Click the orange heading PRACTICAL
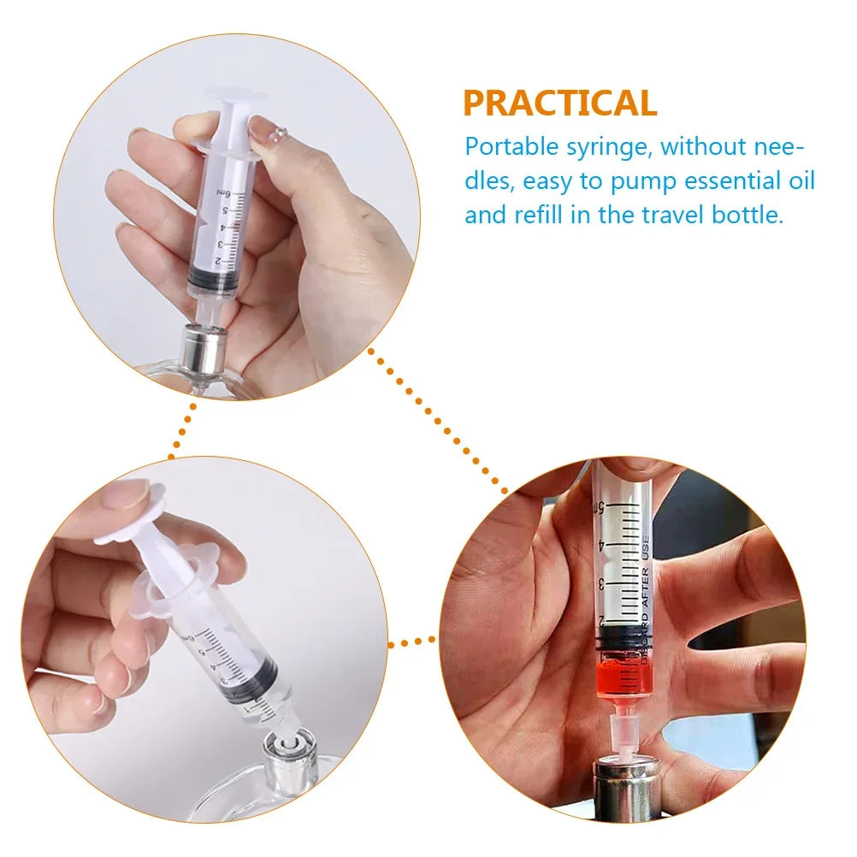[559, 103]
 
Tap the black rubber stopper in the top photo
[211, 281]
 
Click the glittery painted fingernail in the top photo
[273, 132]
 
